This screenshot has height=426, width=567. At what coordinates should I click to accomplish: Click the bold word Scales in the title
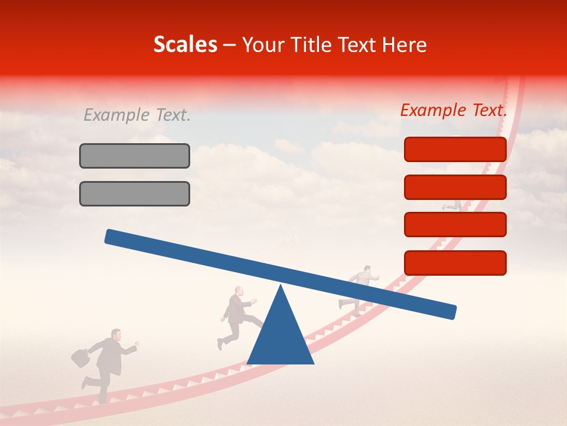point(185,44)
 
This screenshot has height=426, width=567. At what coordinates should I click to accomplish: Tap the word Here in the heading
point(405,44)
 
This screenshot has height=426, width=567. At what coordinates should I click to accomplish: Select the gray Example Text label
point(137,115)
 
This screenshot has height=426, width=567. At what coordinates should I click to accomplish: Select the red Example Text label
point(454,110)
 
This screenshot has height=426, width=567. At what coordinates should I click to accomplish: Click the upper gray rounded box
point(135,156)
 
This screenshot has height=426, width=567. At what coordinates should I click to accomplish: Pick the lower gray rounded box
point(135,193)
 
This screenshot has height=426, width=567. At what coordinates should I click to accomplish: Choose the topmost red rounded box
point(455,149)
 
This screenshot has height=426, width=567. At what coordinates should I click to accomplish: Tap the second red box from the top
point(455,187)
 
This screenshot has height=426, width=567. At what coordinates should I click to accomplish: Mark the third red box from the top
point(455,224)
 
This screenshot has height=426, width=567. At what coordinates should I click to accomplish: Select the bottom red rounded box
point(455,263)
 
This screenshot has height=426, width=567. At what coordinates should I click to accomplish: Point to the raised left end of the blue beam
point(112,236)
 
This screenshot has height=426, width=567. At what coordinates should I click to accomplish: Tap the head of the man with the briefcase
point(116,335)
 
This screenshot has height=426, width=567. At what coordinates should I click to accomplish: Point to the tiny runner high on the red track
point(452,205)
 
